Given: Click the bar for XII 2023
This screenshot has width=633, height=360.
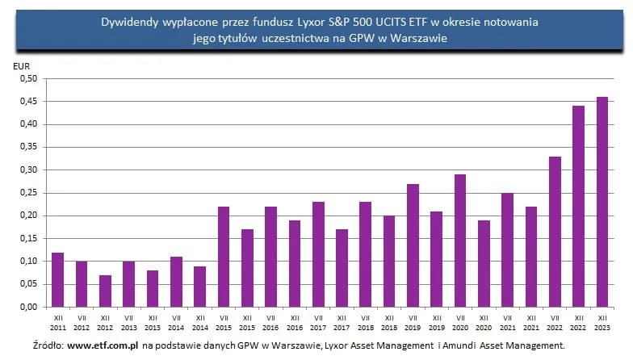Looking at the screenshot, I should click(602, 202).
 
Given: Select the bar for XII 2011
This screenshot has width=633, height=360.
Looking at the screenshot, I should click(57, 279).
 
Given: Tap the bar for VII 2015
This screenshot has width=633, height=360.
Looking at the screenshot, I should click(224, 257).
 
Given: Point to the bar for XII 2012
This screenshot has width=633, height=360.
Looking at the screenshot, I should click(105, 291).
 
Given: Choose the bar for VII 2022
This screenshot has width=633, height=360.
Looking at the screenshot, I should click(555, 232).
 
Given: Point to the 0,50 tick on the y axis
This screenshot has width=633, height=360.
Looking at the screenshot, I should click(27, 79).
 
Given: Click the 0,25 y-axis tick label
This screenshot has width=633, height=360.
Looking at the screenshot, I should click(27, 193).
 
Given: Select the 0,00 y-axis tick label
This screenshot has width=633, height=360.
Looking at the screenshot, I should click(27, 307).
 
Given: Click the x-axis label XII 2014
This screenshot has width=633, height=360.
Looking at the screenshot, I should click(199, 324).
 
